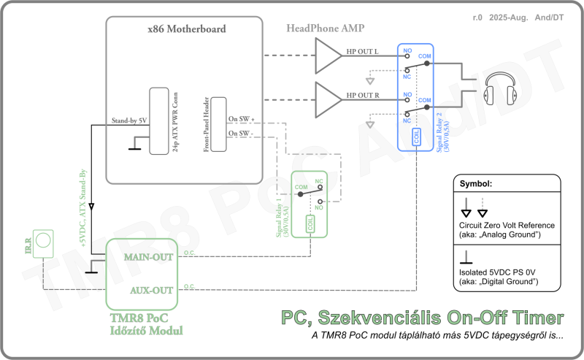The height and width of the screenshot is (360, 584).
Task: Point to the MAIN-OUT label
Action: point(149,257)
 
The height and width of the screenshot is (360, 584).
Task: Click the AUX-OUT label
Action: point(151,290)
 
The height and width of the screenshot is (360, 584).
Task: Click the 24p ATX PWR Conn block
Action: point(159,120)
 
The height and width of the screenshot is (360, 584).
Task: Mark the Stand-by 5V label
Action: point(129,120)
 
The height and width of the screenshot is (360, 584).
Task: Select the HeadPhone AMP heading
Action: point(326,28)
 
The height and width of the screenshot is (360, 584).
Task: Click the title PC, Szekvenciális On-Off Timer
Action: point(423,318)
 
